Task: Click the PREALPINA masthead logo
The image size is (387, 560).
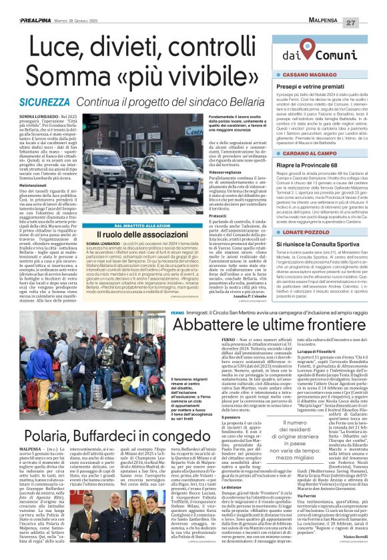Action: (x=27, y=5)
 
